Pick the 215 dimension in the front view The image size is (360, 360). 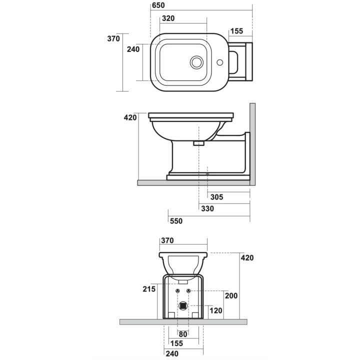click(148, 289)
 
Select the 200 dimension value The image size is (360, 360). click(231, 295)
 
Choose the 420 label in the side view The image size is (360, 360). click(130, 117)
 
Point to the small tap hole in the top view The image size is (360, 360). click(219, 63)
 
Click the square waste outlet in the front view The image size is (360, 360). click(183, 304)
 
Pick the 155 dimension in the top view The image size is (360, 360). click(236, 31)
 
